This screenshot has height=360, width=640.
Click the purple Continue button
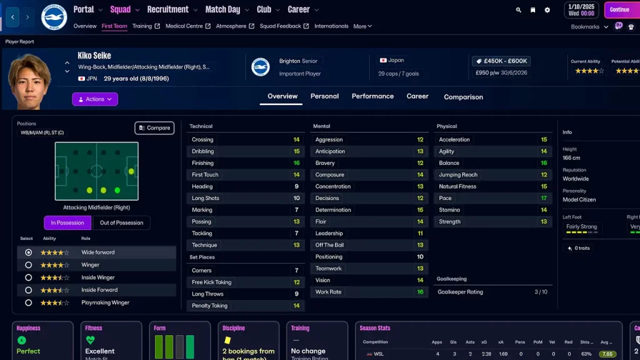tap(619, 10)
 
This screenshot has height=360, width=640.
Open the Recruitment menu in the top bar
tap(167, 9)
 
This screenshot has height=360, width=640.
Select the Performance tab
tap(372, 96)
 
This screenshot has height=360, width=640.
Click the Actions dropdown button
tap(95, 99)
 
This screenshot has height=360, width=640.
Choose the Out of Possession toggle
tap(121, 222)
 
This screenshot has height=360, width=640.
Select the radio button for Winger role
tap(28, 265)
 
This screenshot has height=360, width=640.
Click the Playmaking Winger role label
tap(105, 302)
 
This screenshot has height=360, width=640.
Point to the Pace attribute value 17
tap(544, 198)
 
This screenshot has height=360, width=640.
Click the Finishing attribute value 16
tap(296, 163)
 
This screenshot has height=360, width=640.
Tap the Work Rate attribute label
tap(328, 292)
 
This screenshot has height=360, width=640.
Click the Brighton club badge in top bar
tap(54, 17)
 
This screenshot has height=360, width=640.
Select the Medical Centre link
tap(184, 26)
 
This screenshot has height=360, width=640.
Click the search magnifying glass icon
tap(518, 10)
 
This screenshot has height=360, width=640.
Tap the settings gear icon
tap(547, 10)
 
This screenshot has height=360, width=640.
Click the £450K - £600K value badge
tap(501, 61)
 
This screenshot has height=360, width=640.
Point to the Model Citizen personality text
tap(579, 200)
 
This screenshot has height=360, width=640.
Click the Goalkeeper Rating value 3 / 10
tap(541, 292)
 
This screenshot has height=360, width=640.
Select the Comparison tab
tap(463, 97)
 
